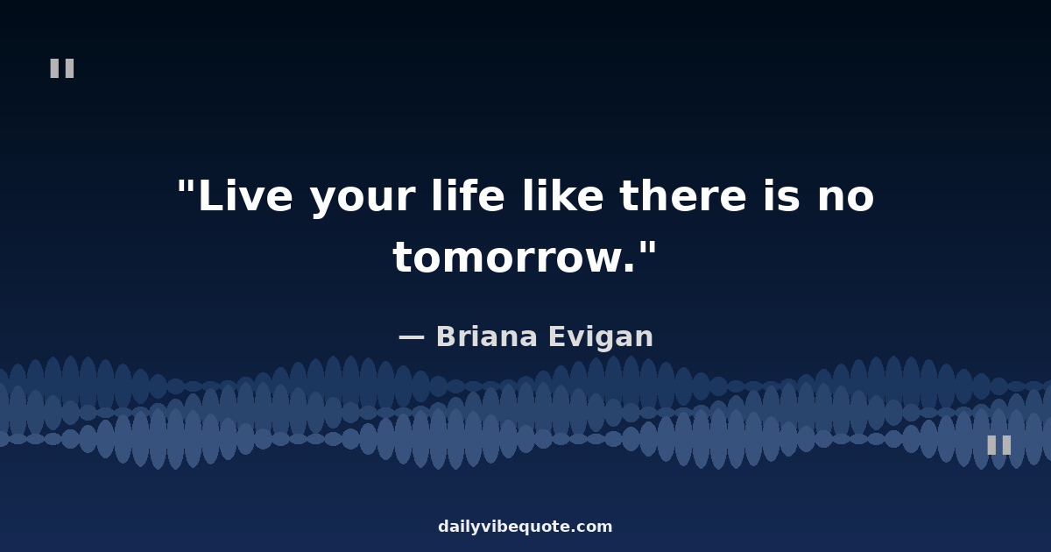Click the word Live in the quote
(x=245, y=195)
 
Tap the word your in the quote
(x=363, y=200)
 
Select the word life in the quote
(x=469, y=195)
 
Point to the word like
(x=562, y=195)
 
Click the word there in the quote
(x=682, y=195)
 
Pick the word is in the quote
(x=781, y=195)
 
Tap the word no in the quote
(x=846, y=199)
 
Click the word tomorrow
(x=514, y=258)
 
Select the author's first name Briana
(x=487, y=336)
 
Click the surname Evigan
(x=601, y=337)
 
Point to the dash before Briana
(x=412, y=337)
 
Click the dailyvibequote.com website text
(x=525, y=527)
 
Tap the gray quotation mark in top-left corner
(x=62, y=68)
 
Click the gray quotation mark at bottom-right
(x=999, y=445)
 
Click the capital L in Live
(x=212, y=195)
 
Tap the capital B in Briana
(x=448, y=336)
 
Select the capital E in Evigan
(x=557, y=336)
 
